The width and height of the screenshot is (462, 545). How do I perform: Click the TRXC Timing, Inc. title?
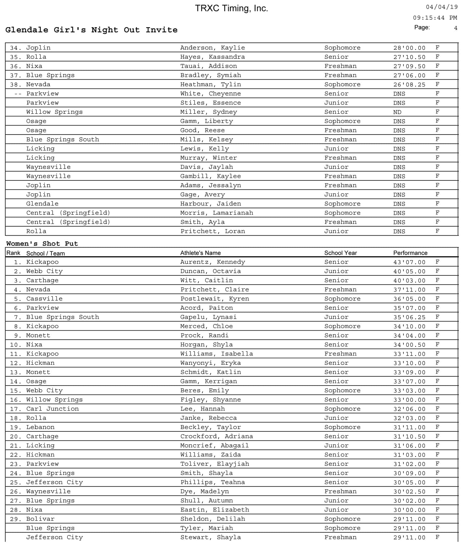click(231, 8)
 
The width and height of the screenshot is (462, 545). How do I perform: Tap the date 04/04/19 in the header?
click(442, 7)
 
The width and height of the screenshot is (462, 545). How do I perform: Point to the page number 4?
click(456, 28)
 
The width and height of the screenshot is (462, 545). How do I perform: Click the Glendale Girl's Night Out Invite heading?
click(91, 30)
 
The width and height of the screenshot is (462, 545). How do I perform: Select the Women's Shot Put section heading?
click(42, 244)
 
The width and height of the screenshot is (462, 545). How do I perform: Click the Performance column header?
click(410, 253)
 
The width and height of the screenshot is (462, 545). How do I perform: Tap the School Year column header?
click(340, 253)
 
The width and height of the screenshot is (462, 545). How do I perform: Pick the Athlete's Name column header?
click(200, 253)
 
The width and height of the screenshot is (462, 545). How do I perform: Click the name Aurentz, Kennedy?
click(213, 262)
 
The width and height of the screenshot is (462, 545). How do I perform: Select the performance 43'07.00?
click(409, 262)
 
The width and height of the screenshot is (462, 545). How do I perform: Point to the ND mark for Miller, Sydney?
click(397, 112)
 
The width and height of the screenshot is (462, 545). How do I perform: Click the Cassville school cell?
click(44, 299)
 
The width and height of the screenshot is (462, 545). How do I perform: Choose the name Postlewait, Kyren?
click(215, 299)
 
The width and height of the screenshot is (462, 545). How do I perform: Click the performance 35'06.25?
click(409, 317)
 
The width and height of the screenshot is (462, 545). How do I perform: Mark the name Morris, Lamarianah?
click(217, 213)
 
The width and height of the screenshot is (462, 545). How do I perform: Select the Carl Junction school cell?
click(52, 409)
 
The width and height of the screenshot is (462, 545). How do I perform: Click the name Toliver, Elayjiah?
click(215, 464)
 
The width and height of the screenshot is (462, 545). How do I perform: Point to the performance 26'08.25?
click(409, 85)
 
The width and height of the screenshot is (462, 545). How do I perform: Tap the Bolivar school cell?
click(40, 519)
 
